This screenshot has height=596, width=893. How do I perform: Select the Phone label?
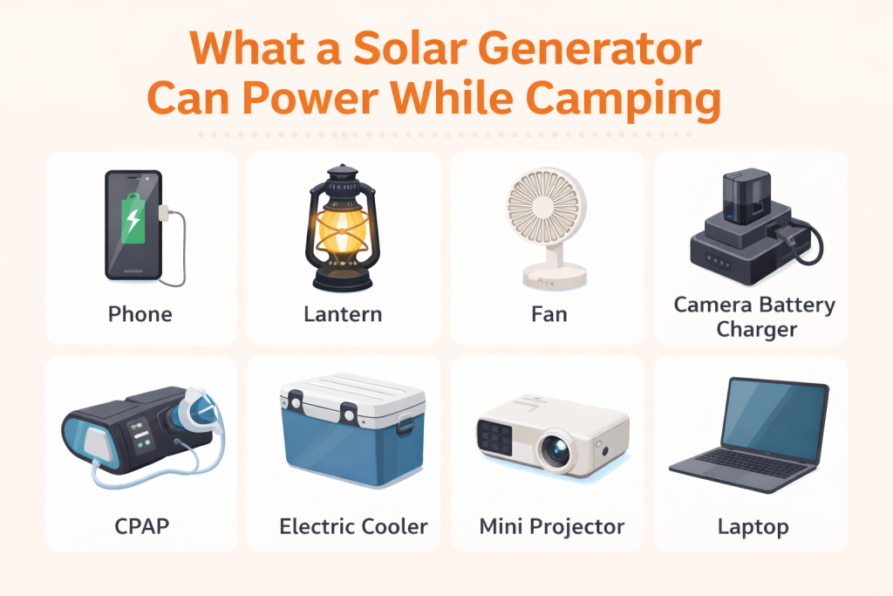point(140,314)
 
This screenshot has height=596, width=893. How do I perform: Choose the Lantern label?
point(343,314)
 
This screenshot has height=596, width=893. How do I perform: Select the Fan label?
point(547,314)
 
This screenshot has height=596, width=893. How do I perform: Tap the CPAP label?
point(140,526)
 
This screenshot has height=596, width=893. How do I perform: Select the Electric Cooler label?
point(353,526)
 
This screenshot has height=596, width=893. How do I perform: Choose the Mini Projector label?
point(551,526)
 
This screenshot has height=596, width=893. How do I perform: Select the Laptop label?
point(753,526)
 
